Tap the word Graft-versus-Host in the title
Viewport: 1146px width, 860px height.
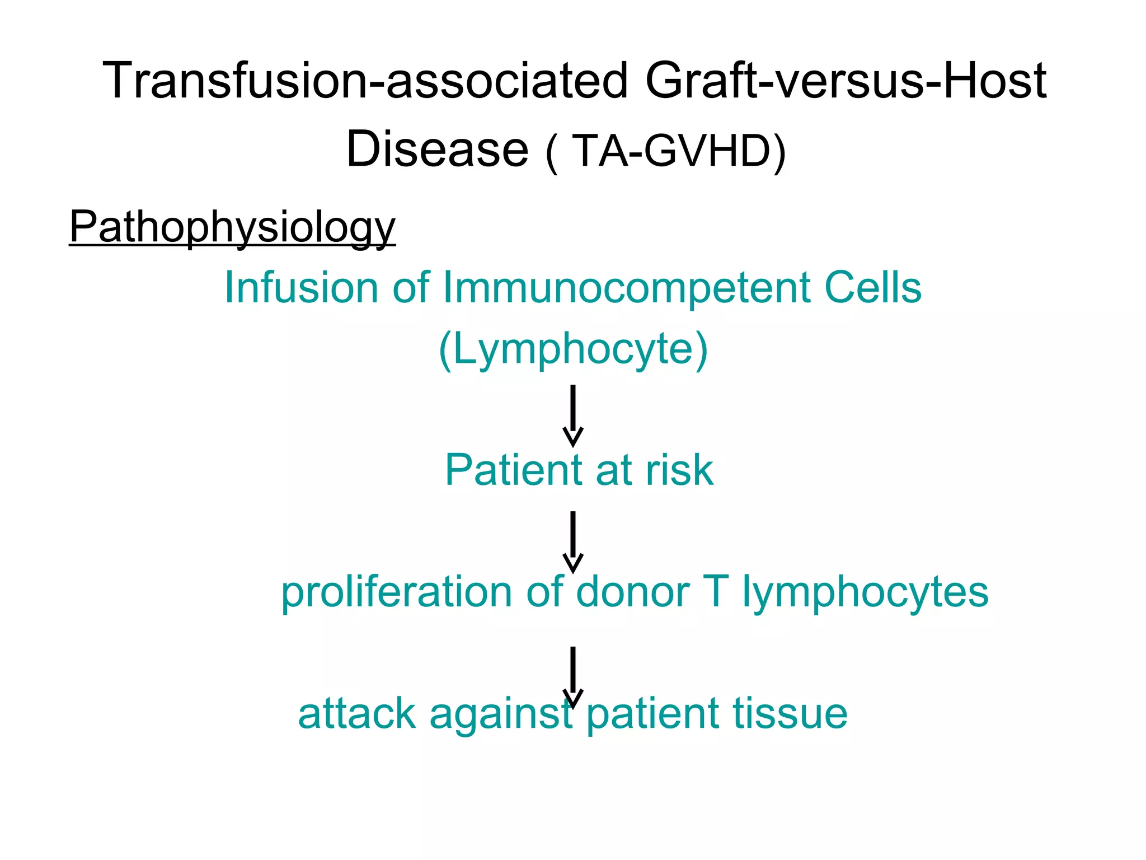point(845,81)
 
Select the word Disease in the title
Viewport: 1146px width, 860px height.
point(437,149)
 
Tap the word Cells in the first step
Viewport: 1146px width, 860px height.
point(872,288)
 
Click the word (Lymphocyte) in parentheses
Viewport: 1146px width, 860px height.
point(573,349)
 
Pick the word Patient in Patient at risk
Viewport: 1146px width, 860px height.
point(514,470)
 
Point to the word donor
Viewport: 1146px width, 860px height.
point(632,592)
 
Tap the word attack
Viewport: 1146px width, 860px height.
point(356,714)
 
